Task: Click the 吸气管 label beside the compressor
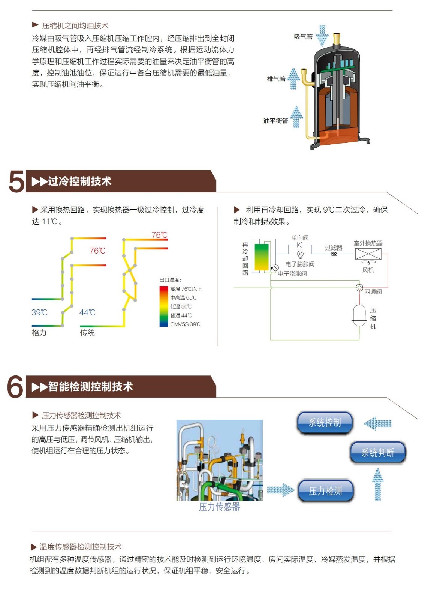point(303,37)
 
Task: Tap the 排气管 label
point(276,79)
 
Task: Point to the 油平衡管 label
point(276,121)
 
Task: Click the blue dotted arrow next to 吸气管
point(322,36)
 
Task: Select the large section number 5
point(16,181)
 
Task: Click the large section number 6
point(15,387)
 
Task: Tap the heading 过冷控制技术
point(79,181)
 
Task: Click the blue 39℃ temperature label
point(39,312)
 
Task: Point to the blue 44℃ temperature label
point(87,312)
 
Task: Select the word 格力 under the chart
point(39,333)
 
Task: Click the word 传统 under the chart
point(87,333)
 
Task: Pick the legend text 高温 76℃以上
point(186,289)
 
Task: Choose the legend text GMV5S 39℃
point(185,324)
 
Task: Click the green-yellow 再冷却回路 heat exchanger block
point(262,257)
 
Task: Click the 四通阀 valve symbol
point(359,287)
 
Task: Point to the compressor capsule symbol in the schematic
point(359,315)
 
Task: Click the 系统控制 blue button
point(325,422)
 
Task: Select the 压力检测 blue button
point(325,491)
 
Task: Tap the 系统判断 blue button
point(378,452)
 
